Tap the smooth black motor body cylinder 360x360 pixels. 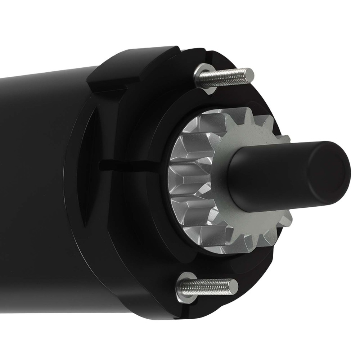pyautogui.click(x=40, y=180)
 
